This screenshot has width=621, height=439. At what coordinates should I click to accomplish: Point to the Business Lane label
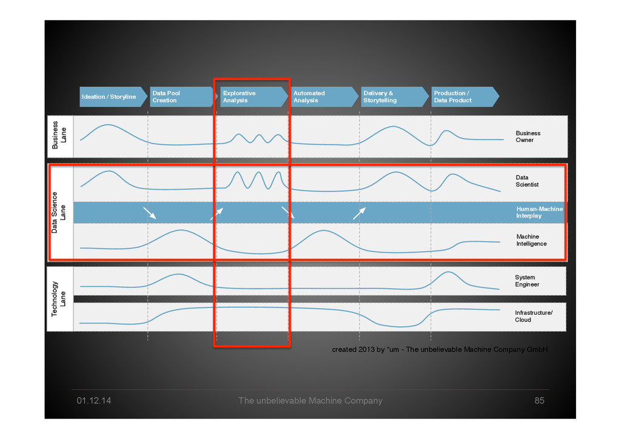click(59, 135)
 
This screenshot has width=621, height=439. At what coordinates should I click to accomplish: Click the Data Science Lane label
click(59, 213)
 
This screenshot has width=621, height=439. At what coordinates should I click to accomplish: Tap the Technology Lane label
click(59, 299)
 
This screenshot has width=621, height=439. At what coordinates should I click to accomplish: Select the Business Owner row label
click(528, 136)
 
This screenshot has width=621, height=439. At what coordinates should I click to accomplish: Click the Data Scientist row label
click(527, 181)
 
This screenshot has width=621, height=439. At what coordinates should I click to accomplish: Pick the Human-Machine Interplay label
click(539, 212)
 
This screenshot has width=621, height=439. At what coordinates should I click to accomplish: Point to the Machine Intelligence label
click(531, 240)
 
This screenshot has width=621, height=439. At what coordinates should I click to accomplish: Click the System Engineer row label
click(527, 281)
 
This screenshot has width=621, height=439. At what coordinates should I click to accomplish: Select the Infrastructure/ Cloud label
click(534, 316)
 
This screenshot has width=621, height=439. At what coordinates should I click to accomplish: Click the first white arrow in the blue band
click(150, 213)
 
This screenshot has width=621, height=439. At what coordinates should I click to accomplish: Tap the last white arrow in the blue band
click(360, 213)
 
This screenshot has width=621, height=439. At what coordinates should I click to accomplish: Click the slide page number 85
click(539, 401)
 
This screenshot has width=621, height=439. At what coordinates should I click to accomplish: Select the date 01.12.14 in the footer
click(93, 401)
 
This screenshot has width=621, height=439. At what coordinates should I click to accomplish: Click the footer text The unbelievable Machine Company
click(310, 401)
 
